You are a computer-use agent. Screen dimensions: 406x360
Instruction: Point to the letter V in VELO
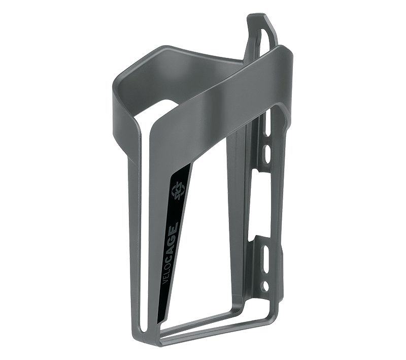coord(164,282)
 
